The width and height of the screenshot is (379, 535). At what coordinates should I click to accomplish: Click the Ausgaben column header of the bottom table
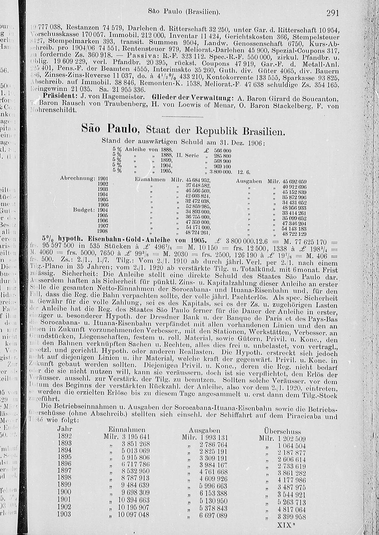(204, 430)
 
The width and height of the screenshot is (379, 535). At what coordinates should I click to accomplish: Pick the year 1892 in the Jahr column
(64, 437)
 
